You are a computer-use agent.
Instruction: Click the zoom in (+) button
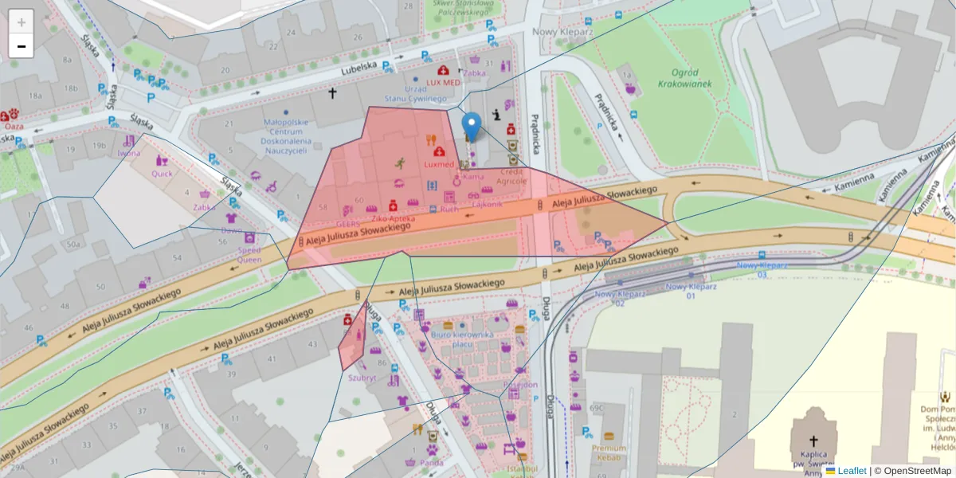click(x=22, y=22)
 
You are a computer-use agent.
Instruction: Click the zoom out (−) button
click(x=22, y=46)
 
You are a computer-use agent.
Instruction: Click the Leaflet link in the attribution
click(x=852, y=471)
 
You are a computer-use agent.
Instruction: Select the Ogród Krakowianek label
click(x=685, y=78)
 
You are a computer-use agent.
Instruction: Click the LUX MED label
click(x=443, y=82)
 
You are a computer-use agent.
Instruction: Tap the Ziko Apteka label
click(x=392, y=217)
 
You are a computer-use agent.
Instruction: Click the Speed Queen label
click(x=249, y=253)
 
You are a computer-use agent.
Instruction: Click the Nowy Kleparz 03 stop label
click(x=762, y=269)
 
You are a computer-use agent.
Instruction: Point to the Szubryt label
click(x=362, y=378)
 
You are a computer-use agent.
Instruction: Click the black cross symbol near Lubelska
click(x=333, y=93)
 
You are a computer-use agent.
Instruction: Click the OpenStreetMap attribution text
click(x=917, y=471)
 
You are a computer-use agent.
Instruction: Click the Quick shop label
click(x=162, y=173)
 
